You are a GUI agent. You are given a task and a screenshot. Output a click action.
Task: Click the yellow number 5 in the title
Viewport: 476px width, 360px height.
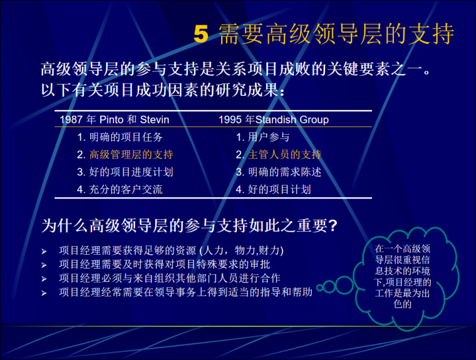point(200,34)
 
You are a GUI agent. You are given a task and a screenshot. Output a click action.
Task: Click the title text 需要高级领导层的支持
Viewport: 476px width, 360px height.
point(336,34)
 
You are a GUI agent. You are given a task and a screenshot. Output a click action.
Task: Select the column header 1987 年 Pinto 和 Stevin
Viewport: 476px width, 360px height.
point(115,120)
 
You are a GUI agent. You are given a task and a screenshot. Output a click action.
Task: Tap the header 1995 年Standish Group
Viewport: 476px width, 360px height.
point(274,120)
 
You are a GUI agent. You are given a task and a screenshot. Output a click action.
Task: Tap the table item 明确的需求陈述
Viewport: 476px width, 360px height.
point(279,172)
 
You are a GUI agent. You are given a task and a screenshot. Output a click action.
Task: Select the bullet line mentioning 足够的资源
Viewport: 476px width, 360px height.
point(171,251)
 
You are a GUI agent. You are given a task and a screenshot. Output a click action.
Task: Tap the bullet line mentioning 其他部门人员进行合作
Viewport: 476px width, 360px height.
point(169,278)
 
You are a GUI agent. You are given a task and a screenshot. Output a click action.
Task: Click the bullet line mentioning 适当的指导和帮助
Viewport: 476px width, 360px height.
point(185,292)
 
